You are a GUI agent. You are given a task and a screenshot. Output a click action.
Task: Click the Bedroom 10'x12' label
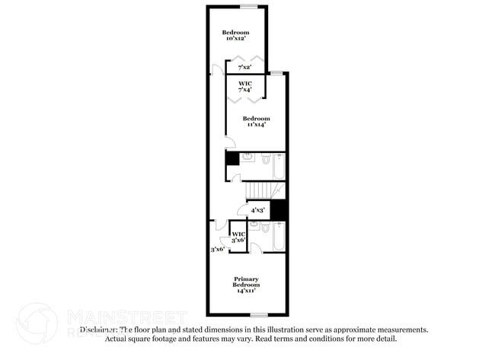(235, 35)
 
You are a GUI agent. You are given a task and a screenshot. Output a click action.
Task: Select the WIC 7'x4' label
(244, 86)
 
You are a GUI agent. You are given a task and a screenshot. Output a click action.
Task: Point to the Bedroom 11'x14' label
(256, 121)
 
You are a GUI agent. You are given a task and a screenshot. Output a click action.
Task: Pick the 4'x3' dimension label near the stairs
(257, 209)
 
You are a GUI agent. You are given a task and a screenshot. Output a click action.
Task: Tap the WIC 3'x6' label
(238, 237)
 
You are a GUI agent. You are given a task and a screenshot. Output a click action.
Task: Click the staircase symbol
(262, 190)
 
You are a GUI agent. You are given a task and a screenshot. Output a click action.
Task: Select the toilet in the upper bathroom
(265, 160)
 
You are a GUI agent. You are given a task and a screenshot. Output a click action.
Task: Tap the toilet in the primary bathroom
(263, 227)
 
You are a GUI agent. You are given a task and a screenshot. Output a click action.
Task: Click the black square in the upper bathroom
(232, 161)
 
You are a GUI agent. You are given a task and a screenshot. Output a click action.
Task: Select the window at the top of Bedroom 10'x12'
(248, 6)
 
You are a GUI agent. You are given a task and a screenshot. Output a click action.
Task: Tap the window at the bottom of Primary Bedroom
(259, 315)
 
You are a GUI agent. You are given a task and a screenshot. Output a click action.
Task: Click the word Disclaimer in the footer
(99, 330)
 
